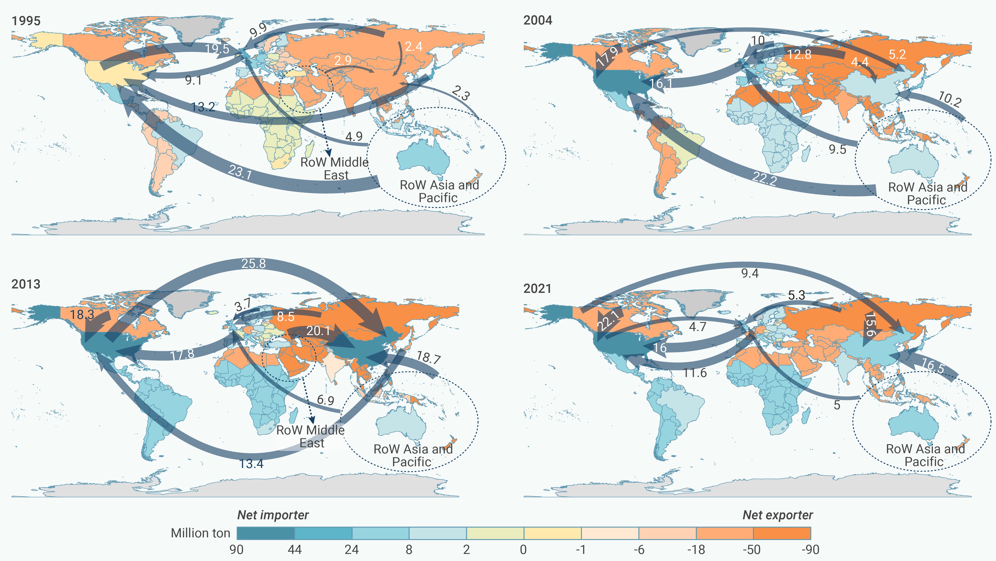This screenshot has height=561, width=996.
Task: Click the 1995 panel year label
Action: (x=26, y=21)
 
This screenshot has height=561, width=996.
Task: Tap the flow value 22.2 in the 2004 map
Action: (x=764, y=179)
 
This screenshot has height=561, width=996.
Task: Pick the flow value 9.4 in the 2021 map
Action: (x=750, y=274)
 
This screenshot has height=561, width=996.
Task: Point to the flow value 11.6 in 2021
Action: (x=695, y=373)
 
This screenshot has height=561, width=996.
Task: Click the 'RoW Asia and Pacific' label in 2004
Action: (x=927, y=193)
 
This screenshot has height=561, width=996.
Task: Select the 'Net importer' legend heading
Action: (x=273, y=515)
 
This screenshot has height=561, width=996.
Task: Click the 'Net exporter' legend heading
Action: (x=778, y=515)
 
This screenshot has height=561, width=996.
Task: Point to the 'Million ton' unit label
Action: (x=200, y=533)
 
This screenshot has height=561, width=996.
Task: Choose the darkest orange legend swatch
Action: (x=782, y=533)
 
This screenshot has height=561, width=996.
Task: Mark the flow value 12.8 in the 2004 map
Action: (x=799, y=55)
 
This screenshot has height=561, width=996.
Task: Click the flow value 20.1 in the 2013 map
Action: (x=318, y=331)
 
